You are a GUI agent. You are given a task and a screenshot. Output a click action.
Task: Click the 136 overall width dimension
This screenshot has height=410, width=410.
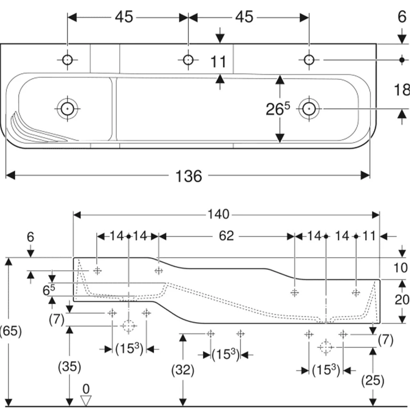(x=189, y=176)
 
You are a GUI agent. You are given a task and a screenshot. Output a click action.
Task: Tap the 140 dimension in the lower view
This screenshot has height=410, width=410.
(x=219, y=214)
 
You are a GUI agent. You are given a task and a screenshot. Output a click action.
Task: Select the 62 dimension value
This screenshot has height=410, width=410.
(x=226, y=236)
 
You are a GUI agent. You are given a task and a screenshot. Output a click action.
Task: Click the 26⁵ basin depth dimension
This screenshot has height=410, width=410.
(x=278, y=109)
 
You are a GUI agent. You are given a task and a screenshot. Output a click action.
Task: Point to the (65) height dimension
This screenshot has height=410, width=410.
(x=11, y=331)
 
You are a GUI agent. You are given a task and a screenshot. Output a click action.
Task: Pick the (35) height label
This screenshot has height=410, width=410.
(x=69, y=366)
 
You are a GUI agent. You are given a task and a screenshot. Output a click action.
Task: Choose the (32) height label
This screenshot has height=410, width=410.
(x=183, y=370)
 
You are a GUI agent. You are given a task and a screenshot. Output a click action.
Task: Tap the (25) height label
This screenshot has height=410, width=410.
(x=373, y=380)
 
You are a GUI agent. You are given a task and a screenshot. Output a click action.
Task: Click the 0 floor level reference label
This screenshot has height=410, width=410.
(x=86, y=389)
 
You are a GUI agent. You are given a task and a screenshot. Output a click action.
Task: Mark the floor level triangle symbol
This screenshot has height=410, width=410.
(x=86, y=401)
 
